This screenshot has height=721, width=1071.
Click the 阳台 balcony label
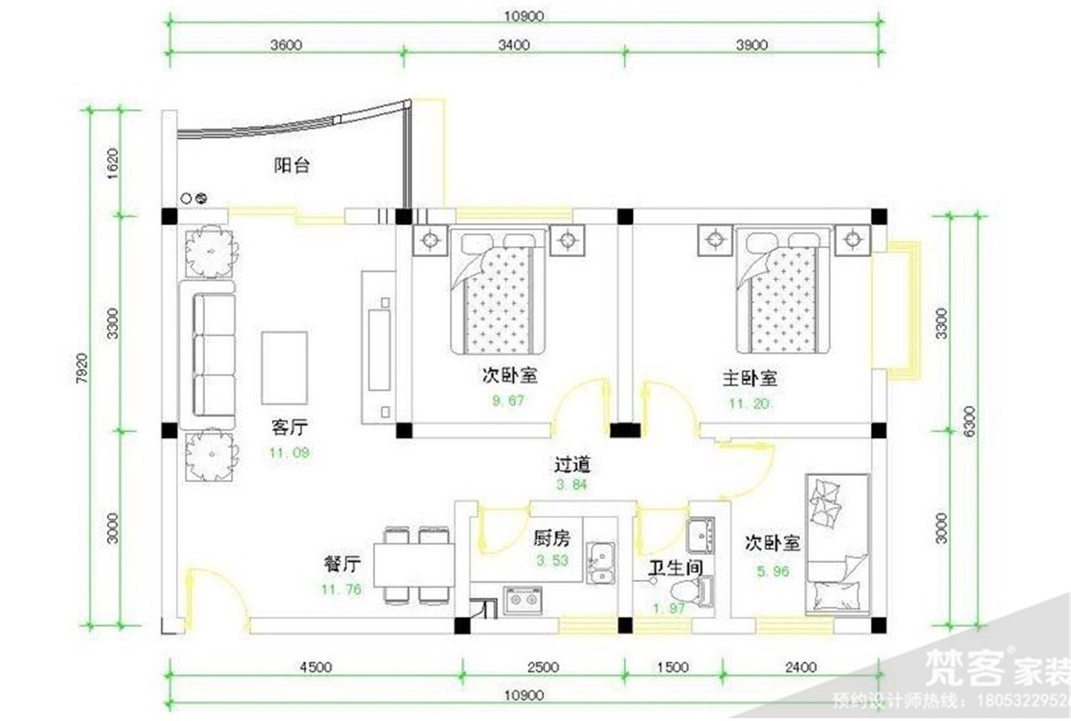click(x=292, y=166)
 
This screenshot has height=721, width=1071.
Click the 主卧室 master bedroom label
click(x=749, y=378)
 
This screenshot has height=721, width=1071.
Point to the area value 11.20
click(x=749, y=403)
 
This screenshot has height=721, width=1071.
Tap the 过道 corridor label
click(x=573, y=465)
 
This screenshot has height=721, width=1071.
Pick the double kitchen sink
click(x=601, y=561)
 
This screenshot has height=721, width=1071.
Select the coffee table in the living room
click(x=285, y=367)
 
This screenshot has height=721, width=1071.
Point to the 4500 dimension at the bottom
click(x=315, y=667)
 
